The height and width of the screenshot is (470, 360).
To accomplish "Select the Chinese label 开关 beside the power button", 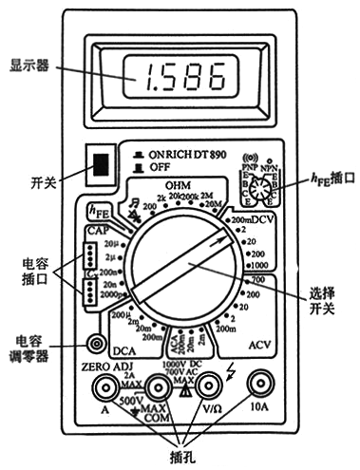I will [44, 179].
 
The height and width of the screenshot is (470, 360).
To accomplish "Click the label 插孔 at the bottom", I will [180, 454].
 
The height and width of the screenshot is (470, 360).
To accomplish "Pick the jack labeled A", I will [102, 386].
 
